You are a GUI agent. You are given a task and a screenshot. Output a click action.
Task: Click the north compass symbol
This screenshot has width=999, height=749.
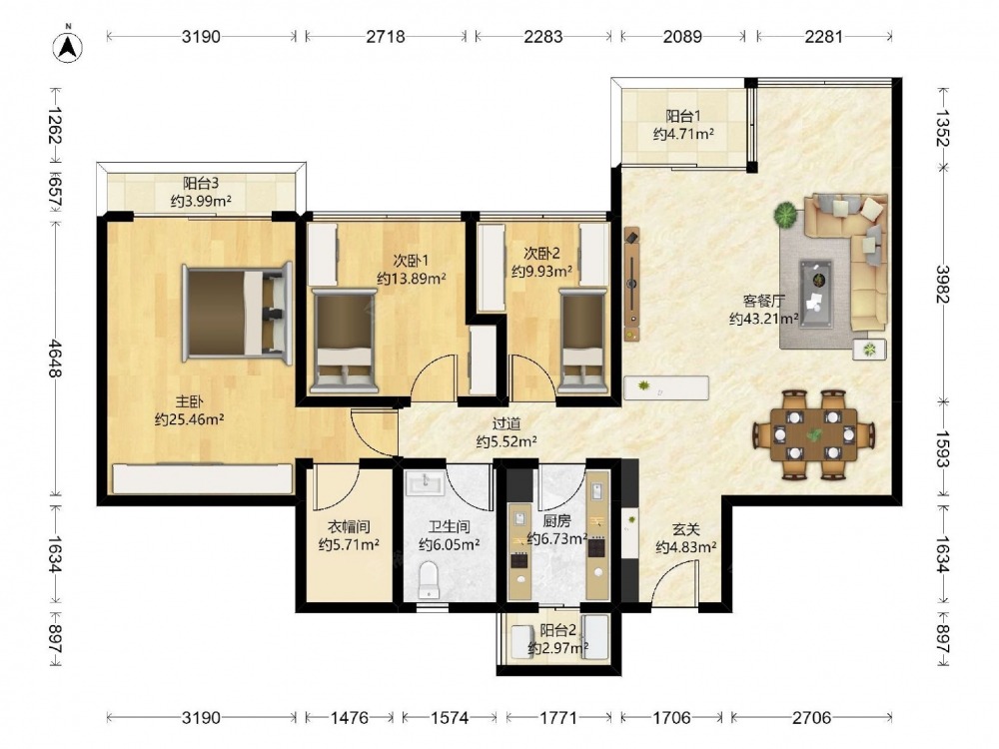[68, 45]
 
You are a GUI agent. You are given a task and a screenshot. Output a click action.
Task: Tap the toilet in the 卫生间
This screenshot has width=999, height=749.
[430, 579]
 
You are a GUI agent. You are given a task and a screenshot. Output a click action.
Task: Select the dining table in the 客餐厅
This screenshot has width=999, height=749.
[814, 434]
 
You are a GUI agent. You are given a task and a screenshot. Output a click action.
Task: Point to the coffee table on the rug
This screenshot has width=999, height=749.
[815, 293]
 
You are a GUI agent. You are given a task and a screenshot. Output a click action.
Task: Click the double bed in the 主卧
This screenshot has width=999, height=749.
[237, 313]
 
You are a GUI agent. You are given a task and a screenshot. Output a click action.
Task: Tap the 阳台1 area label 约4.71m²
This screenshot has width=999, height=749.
[683, 134]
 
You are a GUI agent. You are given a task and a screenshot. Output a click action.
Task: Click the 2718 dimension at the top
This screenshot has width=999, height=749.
[386, 36]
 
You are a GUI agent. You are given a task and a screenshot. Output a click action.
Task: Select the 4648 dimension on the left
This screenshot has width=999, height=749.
[55, 358]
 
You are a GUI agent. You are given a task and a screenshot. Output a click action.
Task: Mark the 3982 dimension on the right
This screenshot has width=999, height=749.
[942, 284]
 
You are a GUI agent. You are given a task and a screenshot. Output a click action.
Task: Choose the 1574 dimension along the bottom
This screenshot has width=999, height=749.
[450, 718]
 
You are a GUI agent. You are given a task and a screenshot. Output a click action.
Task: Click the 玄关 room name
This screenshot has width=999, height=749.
[686, 529]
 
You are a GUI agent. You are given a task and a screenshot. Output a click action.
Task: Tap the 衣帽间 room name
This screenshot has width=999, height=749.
[349, 526]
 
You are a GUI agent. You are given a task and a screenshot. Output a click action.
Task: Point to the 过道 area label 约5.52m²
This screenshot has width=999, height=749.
[506, 440]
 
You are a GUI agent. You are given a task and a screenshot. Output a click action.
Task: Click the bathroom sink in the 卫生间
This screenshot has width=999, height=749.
[425, 483]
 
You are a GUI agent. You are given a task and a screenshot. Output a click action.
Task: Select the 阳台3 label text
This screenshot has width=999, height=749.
[201, 184]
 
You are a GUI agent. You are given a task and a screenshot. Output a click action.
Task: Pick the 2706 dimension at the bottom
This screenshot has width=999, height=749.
[811, 718]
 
